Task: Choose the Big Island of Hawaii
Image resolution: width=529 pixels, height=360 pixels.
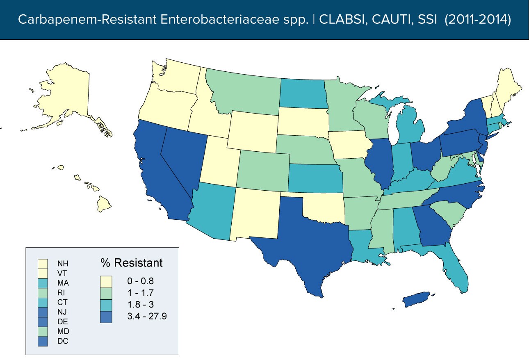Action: point(105,203)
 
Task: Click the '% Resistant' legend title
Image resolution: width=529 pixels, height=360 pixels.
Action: point(132,262)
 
